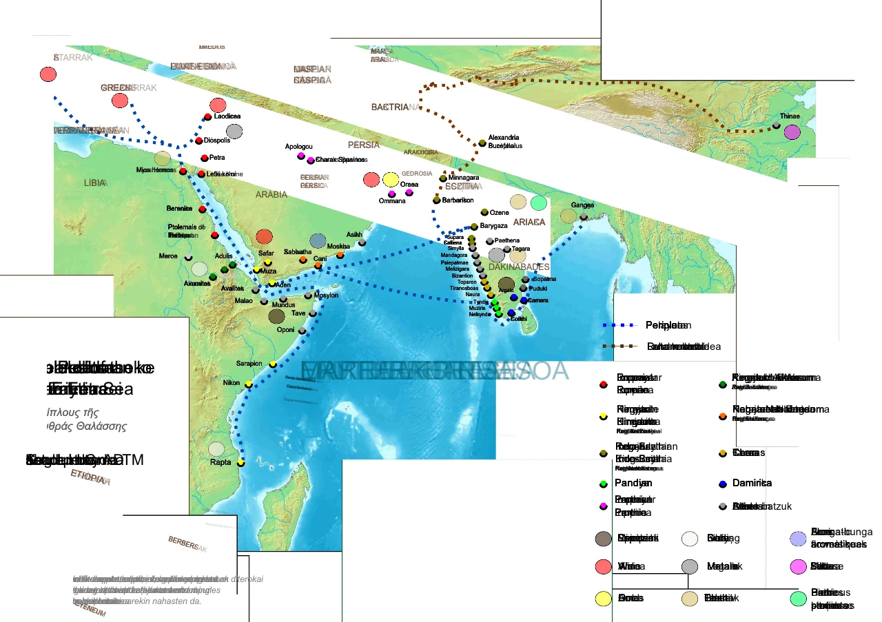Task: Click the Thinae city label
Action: pos(790,116)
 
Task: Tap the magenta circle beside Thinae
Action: pos(792,132)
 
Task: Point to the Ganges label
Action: pos(582,205)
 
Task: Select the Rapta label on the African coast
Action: pos(220,462)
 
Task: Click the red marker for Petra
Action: pos(204,158)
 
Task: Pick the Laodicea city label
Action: pos(227,116)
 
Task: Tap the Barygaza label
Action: pos(493,226)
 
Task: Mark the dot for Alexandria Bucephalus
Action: pos(482,143)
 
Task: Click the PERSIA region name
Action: pos(363,145)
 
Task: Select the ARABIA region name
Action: pos(271,195)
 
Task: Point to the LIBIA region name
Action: pos(94,183)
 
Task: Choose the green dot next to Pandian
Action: pos(603,484)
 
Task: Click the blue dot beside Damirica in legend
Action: pos(722,484)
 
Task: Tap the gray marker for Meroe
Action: pos(189,257)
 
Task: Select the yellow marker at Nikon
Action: pos(249,384)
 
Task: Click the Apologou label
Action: pos(298,147)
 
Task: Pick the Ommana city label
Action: pos(392,201)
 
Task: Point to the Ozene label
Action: pos(499,213)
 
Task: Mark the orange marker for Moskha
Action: pos(340,255)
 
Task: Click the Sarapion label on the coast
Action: pos(249,363)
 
